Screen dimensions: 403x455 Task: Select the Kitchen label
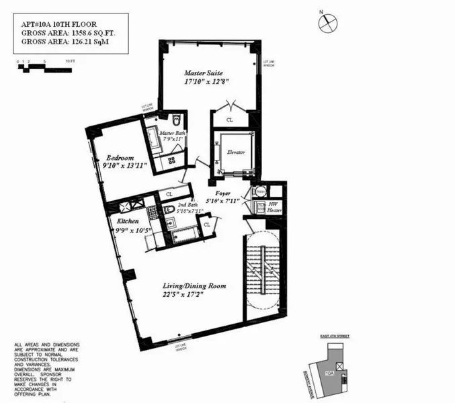128,221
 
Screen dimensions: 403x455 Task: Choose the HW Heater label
274,207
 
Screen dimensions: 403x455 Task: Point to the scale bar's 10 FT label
69,60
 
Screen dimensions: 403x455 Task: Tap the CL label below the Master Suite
230,120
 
